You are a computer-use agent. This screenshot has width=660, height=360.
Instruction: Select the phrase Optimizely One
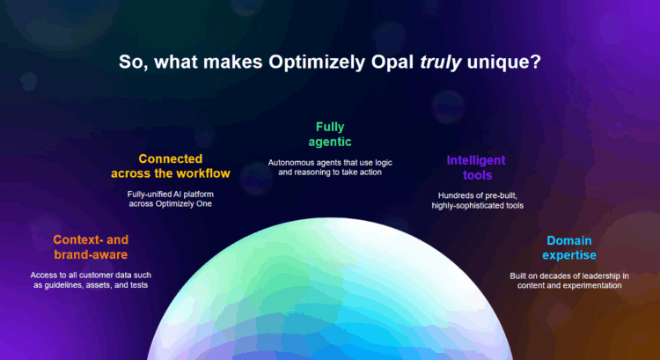click(192, 204)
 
